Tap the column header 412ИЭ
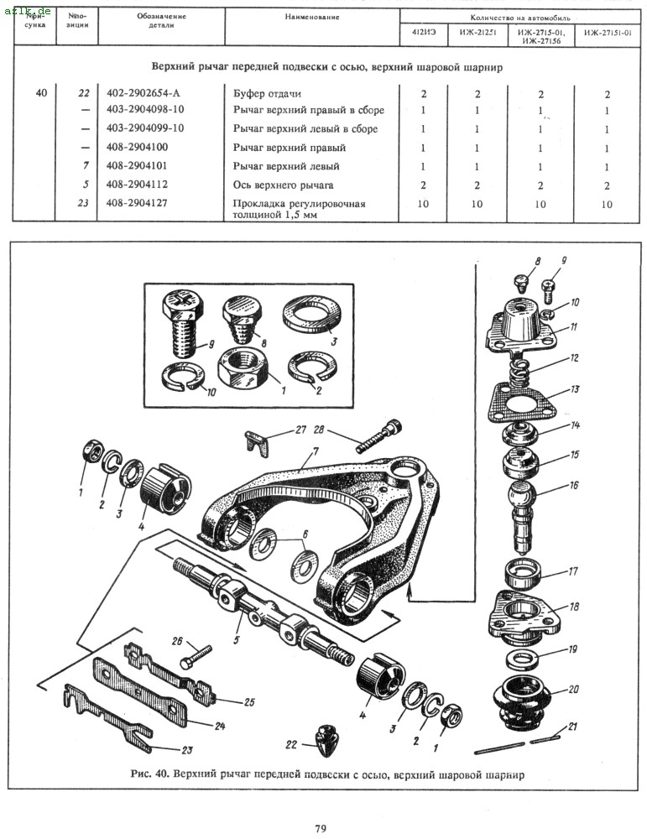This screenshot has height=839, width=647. click(423, 34)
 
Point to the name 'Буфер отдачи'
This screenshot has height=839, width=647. click(266, 93)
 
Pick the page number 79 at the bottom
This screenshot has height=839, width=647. click(320, 829)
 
